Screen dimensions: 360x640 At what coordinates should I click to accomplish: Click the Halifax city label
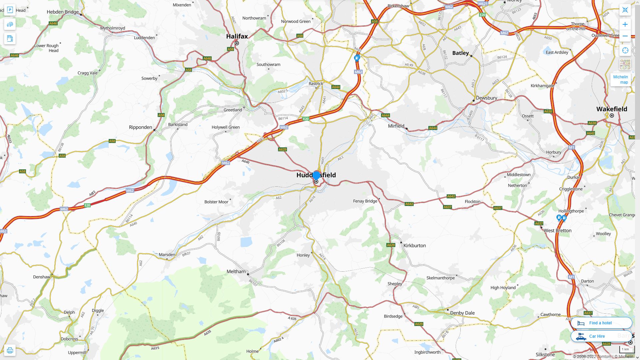(237, 36)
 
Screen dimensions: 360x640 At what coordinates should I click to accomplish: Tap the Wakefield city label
(611, 109)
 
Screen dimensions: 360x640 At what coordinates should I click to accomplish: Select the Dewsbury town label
(486, 98)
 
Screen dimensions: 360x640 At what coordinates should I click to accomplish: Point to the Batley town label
(460, 53)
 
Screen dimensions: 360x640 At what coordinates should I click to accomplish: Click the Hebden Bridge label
(63, 12)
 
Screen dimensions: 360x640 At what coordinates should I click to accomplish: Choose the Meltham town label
(236, 272)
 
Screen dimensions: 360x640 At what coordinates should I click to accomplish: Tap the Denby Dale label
(462, 313)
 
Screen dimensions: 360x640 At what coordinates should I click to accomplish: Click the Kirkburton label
(414, 246)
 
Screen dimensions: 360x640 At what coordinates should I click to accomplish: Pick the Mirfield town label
(396, 126)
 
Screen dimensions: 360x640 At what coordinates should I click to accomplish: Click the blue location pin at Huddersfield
(316, 175)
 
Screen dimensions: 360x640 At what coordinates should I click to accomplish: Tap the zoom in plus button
(625, 24)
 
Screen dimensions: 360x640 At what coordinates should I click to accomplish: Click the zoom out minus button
(625, 36)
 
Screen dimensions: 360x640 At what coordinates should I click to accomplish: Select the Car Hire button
(596, 336)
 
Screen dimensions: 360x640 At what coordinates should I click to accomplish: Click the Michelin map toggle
(620, 80)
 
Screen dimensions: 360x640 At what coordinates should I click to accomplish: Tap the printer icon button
(10, 350)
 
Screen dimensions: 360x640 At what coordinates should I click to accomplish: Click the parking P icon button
(10, 10)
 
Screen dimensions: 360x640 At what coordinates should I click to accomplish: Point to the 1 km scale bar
(625, 349)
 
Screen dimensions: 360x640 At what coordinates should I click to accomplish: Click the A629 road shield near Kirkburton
(391, 245)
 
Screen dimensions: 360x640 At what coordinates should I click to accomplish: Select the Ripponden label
(140, 127)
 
